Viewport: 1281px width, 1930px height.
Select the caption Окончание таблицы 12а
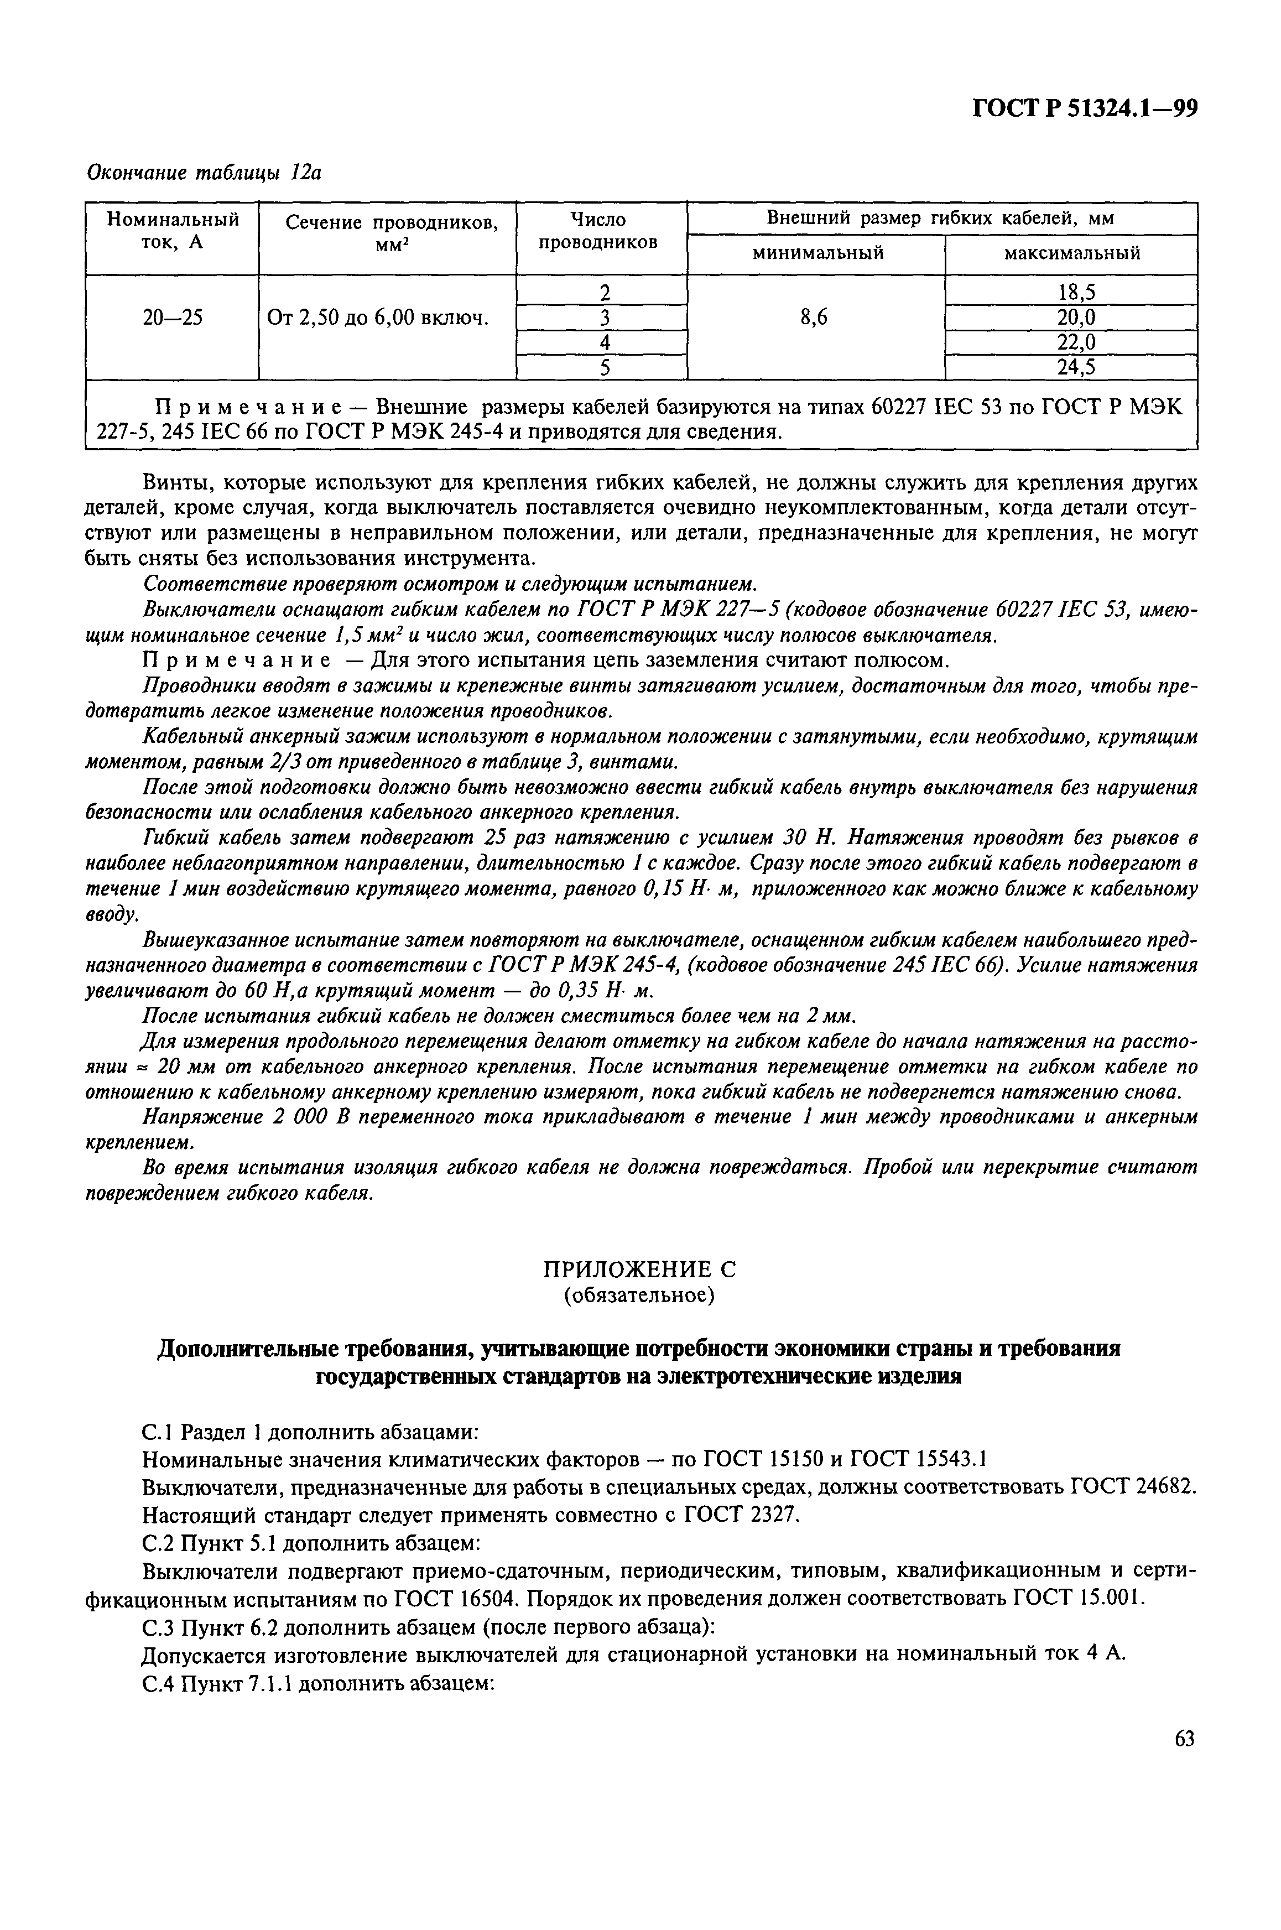[x=204, y=173]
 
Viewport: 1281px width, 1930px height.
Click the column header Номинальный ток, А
[x=173, y=231]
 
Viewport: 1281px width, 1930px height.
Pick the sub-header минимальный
[x=817, y=253]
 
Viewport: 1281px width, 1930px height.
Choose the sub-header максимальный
[x=1071, y=253]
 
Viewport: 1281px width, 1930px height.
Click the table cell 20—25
[x=173, y=318]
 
